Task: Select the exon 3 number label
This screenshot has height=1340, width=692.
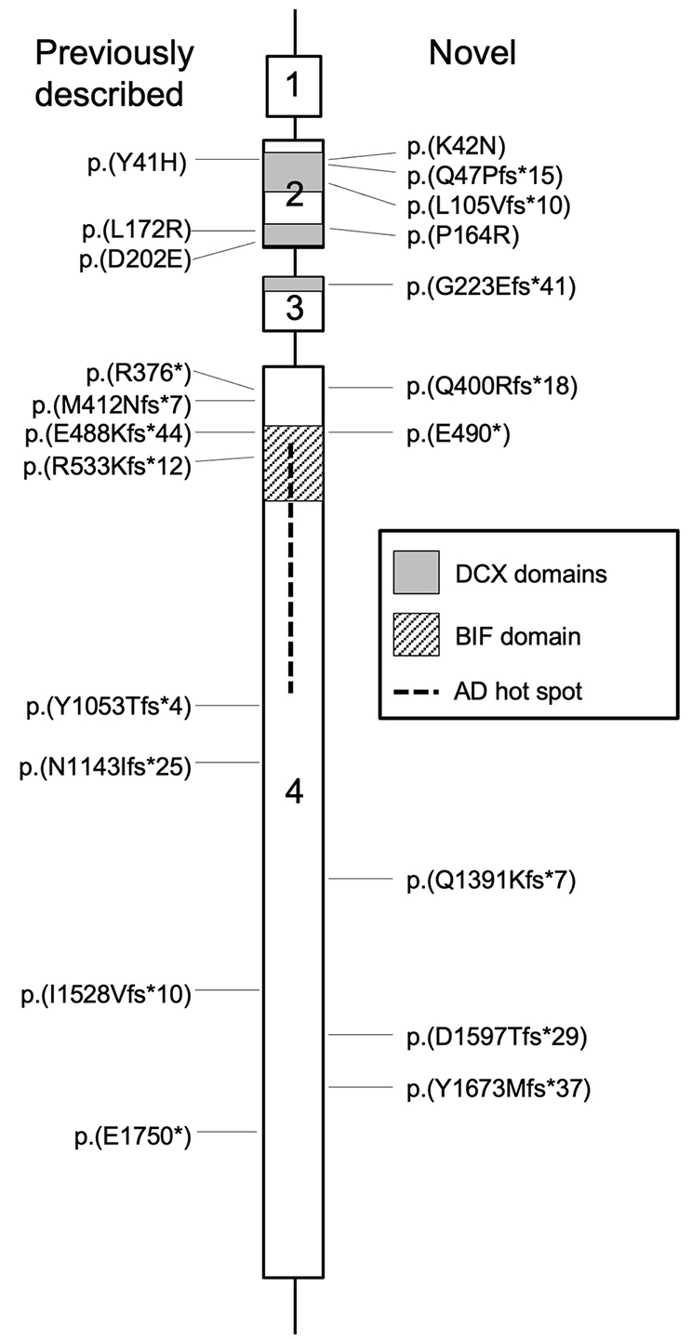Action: (294, 310)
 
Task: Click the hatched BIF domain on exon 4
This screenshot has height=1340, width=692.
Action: (294, 463)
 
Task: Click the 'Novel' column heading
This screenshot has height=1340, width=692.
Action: (472, 54)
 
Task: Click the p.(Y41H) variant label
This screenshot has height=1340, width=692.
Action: (137, 163)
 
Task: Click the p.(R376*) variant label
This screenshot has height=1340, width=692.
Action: (137, 374)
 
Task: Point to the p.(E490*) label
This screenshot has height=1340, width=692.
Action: (459, 434)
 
